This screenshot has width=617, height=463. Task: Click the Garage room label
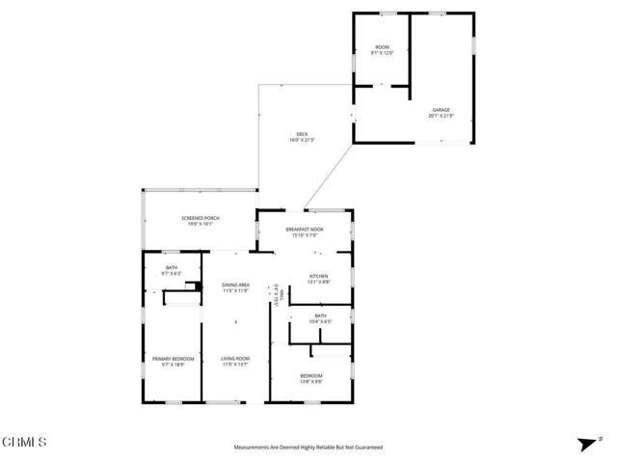pos(440,110)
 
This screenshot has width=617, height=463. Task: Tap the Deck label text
pos(302,134)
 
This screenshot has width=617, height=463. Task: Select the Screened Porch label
pos(201,219)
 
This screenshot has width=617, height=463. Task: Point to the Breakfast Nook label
pos(304,229)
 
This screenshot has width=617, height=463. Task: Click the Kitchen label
pos(318,276)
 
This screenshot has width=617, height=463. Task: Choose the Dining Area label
pos(236,285)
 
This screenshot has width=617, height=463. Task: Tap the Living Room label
pos(236,359)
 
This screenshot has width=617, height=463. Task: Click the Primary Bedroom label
pos(166,359)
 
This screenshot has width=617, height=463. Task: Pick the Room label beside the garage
pos(381,48)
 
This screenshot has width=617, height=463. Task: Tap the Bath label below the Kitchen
pos(319,315)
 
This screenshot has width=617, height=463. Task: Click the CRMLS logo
pos(25,443)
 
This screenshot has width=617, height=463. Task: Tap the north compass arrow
pos(583,445)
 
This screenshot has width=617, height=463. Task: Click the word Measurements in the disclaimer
pos(254,448)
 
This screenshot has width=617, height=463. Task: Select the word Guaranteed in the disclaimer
pos(368,448)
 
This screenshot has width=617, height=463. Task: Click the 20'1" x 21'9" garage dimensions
pos(440,116)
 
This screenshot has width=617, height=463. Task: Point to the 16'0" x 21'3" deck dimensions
pos(302,140)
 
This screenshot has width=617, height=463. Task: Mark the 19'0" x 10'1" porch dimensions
pos(201,225)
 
